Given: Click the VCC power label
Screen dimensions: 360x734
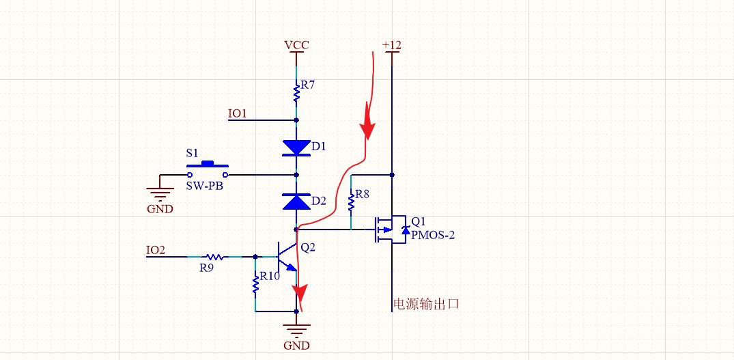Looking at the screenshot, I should point(296,45).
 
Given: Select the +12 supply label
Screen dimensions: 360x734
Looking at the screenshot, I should point(392,45).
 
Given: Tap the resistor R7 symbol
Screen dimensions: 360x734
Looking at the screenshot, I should point(296,94).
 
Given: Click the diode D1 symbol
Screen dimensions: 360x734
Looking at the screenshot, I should point(296,147).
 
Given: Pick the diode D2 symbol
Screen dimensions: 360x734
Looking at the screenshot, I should point(296,202).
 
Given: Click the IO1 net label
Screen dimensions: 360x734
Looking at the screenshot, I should point(238,113).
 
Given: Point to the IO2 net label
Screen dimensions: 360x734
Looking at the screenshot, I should point(156,250).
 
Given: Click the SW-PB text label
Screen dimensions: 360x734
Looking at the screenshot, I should point(204,185).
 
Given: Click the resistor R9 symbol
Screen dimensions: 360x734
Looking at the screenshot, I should point(213,257).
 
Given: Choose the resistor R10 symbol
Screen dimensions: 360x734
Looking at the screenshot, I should point(255,283).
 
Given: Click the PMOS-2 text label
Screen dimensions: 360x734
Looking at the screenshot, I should point(432,235).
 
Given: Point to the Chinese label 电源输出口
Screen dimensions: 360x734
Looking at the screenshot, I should point(425,304).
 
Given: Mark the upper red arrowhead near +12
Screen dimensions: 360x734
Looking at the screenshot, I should point(367,126).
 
